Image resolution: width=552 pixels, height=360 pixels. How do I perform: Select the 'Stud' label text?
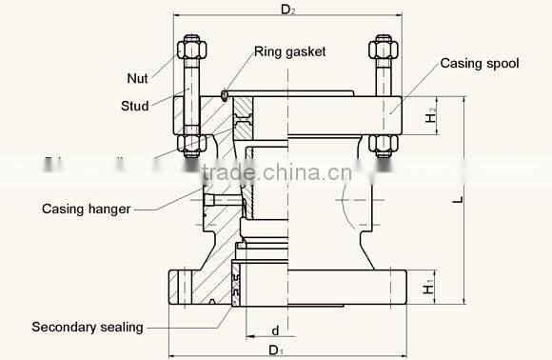135,106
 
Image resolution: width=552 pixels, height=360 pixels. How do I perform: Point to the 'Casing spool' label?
479,63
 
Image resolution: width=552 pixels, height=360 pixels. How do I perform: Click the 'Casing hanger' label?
86,208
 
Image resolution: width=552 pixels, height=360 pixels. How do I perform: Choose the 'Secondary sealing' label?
88,327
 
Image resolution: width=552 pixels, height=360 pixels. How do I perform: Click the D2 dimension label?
286,10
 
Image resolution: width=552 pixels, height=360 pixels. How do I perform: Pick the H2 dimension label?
430,116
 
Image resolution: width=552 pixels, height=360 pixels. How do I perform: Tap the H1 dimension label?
430,285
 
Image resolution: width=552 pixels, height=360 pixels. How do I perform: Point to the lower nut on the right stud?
384,145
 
